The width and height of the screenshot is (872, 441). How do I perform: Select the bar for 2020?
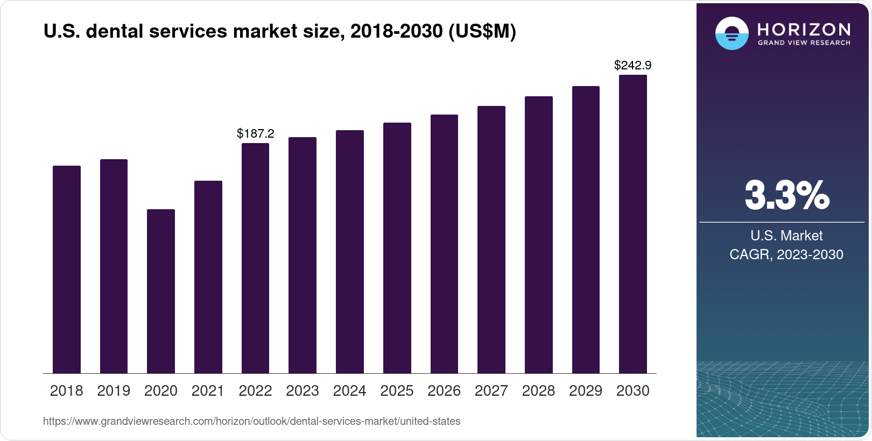point(160,291)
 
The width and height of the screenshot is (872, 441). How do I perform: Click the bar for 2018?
point(66,269)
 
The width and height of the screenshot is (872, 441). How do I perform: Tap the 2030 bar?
point(632,224)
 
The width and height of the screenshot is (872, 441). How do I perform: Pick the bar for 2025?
point(397,247)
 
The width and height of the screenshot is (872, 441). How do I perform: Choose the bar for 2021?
point(208,276)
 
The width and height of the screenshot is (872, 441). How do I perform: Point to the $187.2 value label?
point(255,133)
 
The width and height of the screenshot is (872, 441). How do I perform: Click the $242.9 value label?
point(632,66)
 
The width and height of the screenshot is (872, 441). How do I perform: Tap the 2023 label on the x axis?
point(302,390)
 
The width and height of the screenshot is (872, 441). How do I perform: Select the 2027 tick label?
point(491,390)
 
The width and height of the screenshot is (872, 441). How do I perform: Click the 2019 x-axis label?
point(114,390)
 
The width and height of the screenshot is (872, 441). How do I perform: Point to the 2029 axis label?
point(586,390)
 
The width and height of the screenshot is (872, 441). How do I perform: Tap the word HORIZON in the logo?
point(804,29)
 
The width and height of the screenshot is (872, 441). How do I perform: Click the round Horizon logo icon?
point(732,33)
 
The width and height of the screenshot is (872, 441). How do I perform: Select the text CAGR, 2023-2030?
point(786,254)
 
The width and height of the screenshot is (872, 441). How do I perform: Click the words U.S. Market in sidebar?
point(786,236)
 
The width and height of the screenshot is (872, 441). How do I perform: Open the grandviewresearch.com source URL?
point(251,421)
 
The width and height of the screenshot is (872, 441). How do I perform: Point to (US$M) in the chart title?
point(482,32)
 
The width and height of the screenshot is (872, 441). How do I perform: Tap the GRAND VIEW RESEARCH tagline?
point(804,42)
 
